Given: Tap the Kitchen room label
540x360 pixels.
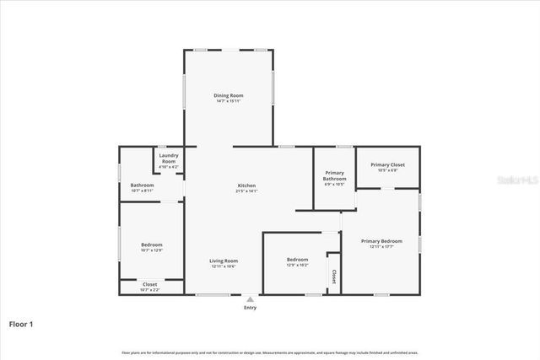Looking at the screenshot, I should [x=246, y=185].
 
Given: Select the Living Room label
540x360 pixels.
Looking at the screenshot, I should [x=224, y=261].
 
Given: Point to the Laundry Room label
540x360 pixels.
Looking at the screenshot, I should [x=169, y=158].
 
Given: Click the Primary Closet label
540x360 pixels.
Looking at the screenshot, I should [x=387, y=164].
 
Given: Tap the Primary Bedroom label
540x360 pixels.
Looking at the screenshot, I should [x=381, y=241].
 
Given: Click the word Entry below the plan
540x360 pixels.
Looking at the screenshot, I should [x=250, y=308].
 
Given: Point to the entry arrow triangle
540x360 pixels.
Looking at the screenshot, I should [x=250, y=298].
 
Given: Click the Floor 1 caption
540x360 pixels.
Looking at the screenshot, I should [x=21, y=324].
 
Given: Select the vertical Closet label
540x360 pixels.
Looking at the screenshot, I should [x=334, y=276].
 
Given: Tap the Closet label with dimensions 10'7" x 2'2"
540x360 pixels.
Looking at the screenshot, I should [x=149, y=284].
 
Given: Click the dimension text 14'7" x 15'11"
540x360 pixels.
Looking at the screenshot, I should [x=228, y=101].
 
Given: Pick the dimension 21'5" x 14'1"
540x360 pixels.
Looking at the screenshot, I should [x=246, y=191].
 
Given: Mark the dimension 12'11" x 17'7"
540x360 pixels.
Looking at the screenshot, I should [x=381, y=247].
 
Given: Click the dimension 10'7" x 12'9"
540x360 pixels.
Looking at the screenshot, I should [x=151, y=250].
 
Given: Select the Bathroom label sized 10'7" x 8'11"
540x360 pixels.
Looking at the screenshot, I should [x=142, y=185].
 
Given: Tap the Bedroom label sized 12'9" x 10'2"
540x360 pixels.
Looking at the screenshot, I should [x=297, y=259].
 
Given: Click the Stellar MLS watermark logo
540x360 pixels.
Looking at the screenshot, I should [x=516, y=180].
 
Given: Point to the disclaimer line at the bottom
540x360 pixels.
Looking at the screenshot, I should [x=269, y=352].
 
